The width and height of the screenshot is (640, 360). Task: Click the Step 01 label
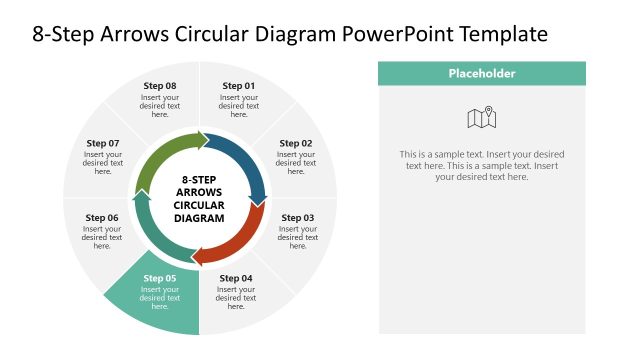(239, 86)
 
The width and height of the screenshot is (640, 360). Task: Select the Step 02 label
(296, 143)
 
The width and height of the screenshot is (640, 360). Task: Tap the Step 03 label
(297, 218)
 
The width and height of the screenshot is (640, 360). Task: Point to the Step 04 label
(236, 278)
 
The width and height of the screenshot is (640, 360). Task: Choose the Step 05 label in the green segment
(160, 278)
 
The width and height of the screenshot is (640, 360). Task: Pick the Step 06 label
(102, 218)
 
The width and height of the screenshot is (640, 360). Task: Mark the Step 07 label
(103, 143)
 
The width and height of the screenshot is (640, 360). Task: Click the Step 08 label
(159, 86)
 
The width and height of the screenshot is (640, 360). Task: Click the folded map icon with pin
(482, 118)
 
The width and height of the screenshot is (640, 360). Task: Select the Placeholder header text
(482, 73)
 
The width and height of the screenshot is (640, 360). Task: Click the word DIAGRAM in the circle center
(199, 218)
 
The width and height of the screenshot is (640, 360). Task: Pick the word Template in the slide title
(504, 34)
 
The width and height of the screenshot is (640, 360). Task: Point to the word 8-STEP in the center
(199, 180)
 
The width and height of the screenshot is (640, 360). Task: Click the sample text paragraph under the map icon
(482, 166)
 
